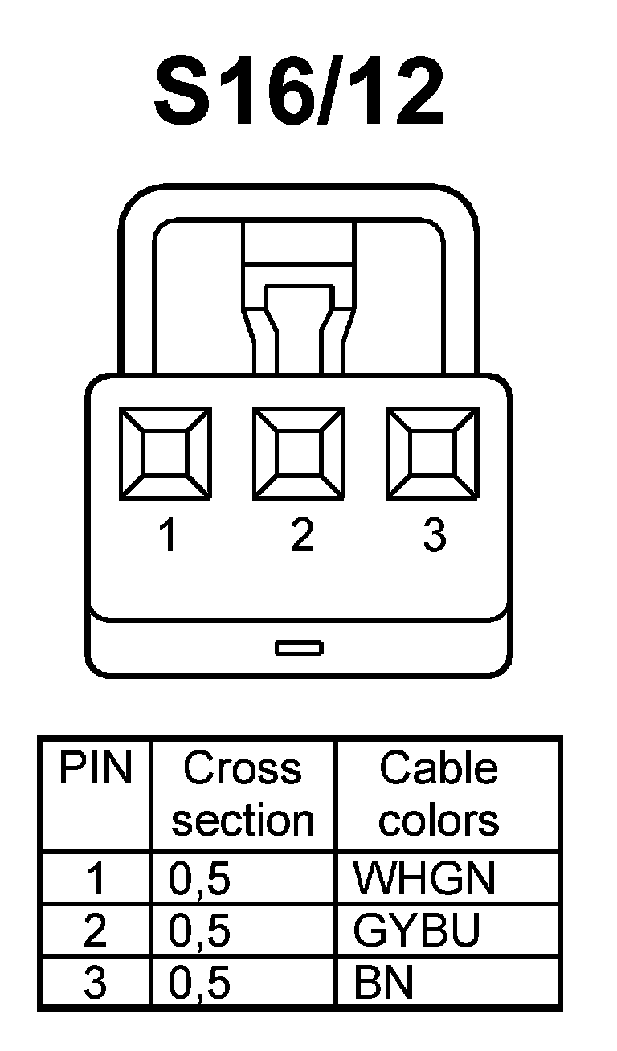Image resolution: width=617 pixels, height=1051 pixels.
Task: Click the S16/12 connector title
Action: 299,93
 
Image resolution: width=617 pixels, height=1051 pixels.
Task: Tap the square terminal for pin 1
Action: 165,453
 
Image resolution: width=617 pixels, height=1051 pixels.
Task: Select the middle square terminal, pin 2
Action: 299,453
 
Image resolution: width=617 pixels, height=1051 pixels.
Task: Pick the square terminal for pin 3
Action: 432,453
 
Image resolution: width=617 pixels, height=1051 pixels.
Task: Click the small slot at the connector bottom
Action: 299,648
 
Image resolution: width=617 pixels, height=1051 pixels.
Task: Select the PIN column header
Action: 95,769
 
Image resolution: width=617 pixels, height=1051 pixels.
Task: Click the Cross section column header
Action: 243,794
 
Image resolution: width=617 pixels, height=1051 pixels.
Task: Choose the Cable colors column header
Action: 439,794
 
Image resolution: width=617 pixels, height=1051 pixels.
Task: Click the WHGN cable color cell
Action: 424,879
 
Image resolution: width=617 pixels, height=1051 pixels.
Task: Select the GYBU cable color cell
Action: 416,931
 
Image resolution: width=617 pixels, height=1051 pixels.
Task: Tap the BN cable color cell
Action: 383,984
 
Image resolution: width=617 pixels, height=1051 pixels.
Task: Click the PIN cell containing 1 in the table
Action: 95,879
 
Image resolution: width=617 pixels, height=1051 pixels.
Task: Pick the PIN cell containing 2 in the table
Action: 95,931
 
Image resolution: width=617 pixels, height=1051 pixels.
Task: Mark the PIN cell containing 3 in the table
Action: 95,984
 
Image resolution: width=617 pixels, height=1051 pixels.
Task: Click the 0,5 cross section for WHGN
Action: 199,879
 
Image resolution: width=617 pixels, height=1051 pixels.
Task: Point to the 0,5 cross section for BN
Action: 199,984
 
